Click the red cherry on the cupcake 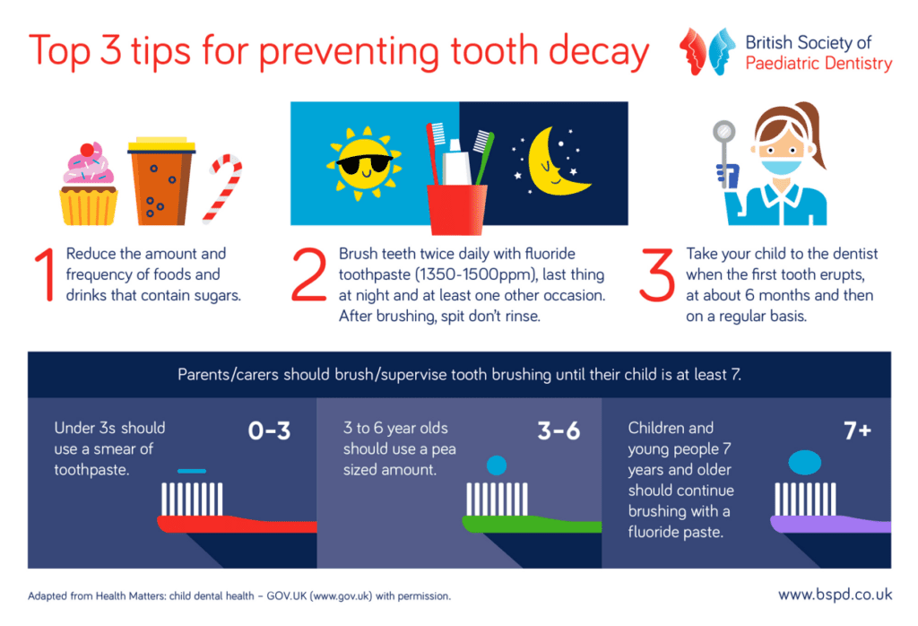coord(87,150)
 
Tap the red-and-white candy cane coord(223,188)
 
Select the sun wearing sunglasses coord(364,163)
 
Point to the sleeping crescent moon coord(557,161)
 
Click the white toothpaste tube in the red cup coord(455,163)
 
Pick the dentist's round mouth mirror coord(724,132)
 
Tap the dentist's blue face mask coord(781,166)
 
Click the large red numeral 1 coord(45,274)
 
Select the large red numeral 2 coord(309,274)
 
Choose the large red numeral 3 coord(657,274)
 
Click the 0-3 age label coord(269,431)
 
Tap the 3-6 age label coord(559,431)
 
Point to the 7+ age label coord(858,431)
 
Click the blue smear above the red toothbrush coord(192,471)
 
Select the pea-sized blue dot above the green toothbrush coord(497,465)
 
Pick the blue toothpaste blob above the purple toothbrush coord(805,462)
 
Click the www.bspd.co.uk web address coord(836,595)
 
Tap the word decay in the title coord(599,51)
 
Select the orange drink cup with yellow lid coord(161,181)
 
